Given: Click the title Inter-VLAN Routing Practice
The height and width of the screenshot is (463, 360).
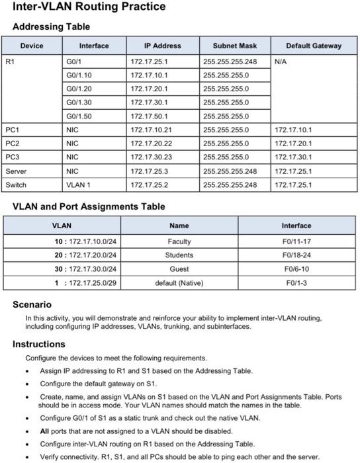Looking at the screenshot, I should point(89,7).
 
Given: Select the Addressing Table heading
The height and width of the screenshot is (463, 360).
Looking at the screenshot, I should point(52,26).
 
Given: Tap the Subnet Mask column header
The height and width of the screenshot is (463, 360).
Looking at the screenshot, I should point(234,46).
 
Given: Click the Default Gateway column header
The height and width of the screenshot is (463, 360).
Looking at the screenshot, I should point(314,46).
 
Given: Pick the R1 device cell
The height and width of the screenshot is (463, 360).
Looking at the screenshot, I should point(9,61).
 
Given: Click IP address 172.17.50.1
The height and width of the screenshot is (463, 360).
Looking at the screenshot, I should point(149,116).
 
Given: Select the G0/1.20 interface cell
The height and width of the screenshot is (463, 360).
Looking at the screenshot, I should point(79,89).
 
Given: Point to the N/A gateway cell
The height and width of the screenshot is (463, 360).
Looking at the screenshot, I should point(281,61).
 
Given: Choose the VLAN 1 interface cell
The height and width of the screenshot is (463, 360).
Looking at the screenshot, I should point(78,185).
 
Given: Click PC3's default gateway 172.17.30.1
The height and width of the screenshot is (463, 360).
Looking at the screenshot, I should point(292,157).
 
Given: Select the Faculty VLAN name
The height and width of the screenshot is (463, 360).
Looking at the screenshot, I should point(179,241).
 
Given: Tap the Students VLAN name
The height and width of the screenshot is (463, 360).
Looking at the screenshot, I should point(179,255).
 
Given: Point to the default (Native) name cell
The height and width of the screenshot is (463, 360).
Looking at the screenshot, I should point(179,283).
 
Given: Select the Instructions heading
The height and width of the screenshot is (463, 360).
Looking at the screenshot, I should point(39,344).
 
